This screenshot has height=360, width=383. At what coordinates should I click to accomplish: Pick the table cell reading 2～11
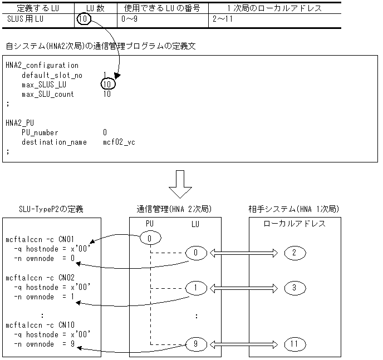coord(222,18)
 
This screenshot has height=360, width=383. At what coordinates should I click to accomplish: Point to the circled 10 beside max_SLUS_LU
coord(108,85)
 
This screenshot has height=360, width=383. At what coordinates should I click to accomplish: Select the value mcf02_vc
coord(119,142)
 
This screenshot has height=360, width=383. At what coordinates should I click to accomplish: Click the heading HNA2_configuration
coord(42,66)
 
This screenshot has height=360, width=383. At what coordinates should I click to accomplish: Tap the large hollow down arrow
coord(180,184)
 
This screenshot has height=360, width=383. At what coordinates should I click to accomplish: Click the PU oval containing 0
coord(150,239)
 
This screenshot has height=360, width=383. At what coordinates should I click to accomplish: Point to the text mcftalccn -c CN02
coord(40,277)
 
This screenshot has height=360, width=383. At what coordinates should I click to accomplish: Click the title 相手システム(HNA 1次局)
coord(294,209)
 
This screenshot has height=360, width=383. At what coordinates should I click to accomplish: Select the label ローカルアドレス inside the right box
coord(294,223)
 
